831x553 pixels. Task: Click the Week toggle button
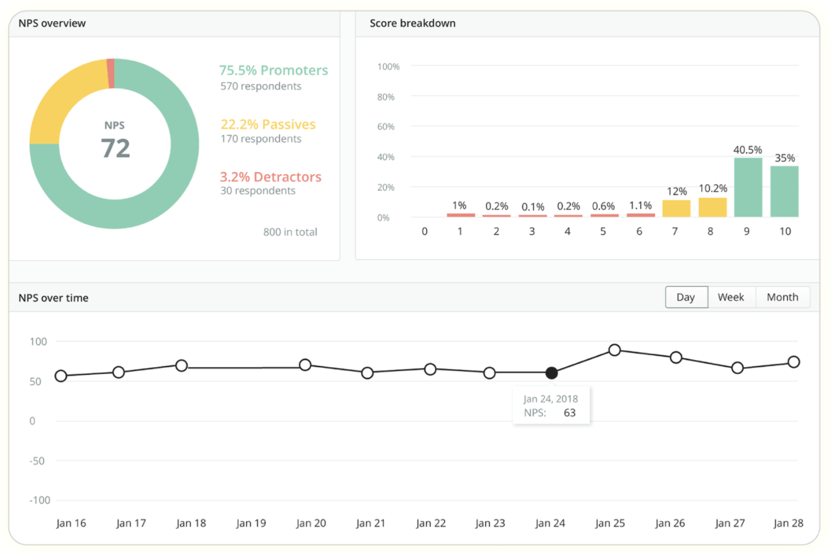click(x=731, y=297)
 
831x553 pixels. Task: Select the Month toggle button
click(x=782, y=297)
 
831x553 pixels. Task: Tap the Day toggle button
click(x=685, y=297)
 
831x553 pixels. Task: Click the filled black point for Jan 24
click(x=551, y=373)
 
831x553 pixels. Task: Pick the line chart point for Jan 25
click(x=614, y=350)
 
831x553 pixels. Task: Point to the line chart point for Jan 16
click(x=61, y=376)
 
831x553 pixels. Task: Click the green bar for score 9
click(x=748, y=187)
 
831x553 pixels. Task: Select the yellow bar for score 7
click(x=676, y=208)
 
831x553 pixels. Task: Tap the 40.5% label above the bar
click(x=748, y=150)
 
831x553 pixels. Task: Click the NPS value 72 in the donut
click(x=115, y=148)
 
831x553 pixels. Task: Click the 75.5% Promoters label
click(x=273, y=70)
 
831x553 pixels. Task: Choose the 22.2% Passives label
click(x=268, y=124)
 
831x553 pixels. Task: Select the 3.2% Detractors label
click(x=270, y=177)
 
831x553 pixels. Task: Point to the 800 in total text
click(x=290, y=232)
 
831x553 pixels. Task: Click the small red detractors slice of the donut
click(x=110, y=73)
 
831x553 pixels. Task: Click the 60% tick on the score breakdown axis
click(x=385, y=127)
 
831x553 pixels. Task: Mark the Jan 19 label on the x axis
click(x=251, y=523)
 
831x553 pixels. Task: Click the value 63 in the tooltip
click(x=569, y=413)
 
